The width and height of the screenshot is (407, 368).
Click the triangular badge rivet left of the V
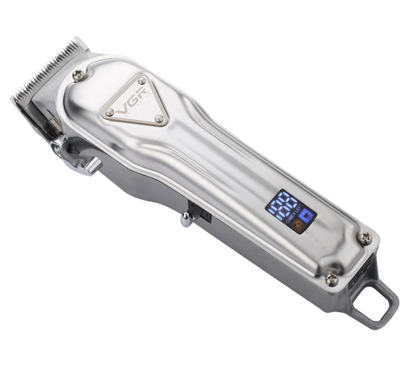109,112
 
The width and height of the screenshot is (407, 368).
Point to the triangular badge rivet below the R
159,120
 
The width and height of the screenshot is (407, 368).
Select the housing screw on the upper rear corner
366,238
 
